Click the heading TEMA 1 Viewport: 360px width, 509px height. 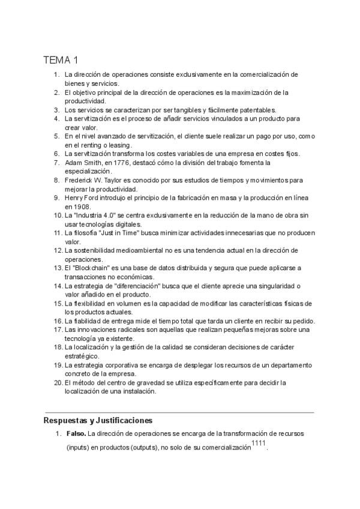tap(61, 60)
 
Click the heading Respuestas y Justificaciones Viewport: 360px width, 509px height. tap(98, 420)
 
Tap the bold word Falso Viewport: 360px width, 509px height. tap(76, 433)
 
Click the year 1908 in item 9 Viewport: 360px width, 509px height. tap(76, 206)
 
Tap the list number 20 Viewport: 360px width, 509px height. tap(58, 382)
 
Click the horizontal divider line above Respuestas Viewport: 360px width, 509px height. tap(179, 413)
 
